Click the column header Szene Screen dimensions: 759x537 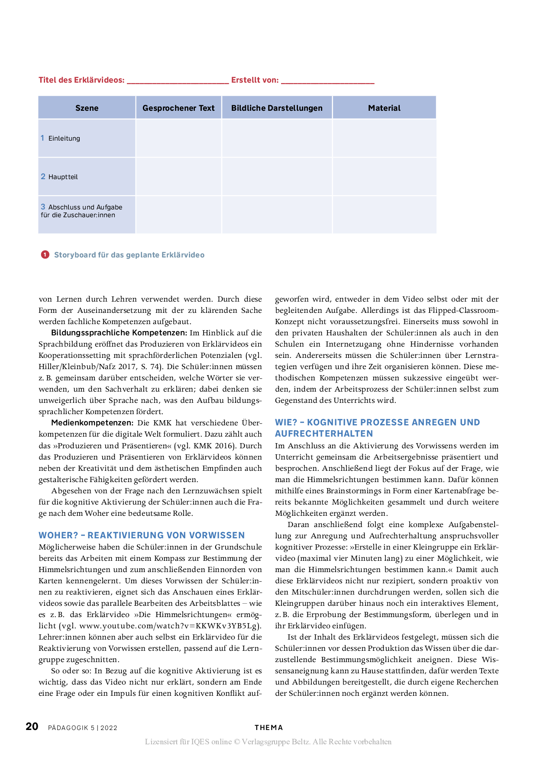tap(87, 108)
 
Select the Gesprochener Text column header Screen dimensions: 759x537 tap(178, 108)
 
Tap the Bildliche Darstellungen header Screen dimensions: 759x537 tap(277, 108)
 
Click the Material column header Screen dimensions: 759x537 tap(384, 108)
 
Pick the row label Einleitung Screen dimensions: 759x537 tap(64, 138)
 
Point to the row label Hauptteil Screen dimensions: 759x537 tap(63, 177)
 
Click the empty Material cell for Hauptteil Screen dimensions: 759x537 tap(384, 177)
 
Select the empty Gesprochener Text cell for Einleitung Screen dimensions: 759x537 tap(178, 138)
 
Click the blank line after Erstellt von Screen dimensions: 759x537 tap(327, 80)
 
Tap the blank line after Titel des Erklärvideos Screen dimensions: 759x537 tap(178, 80)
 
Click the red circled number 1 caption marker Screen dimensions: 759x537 tap(45, 254)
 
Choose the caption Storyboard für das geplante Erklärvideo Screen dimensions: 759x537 tap(129, 255)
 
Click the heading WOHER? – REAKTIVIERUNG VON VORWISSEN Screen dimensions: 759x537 tap(142, 535)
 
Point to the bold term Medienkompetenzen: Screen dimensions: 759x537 tap(92, 423)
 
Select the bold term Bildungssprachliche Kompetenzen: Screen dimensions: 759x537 tap(119, 333)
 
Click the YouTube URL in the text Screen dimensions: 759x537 tap(169, 626)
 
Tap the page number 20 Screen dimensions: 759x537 tap(32, 727)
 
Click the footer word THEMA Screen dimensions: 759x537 tap(268, 728)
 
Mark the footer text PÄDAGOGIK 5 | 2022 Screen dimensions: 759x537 tap(83, 728)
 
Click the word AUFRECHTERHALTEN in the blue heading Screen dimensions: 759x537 tap(323, 434)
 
